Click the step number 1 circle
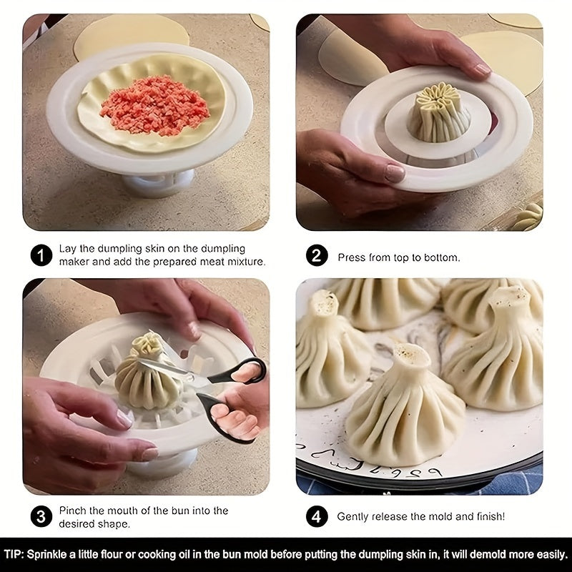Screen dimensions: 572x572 (x=41, y=255)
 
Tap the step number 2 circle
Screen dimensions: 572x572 (x=317, y=256)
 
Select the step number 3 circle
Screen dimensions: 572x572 (x=41, y=516)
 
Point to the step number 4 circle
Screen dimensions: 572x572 (x=317, y=516)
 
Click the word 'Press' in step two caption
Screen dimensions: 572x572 (x=352, y=257)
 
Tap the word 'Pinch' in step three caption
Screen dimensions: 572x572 (x=73, y=511)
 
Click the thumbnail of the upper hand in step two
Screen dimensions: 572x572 (x=481, y=69)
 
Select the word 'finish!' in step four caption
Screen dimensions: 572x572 (x=488, y=516)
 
